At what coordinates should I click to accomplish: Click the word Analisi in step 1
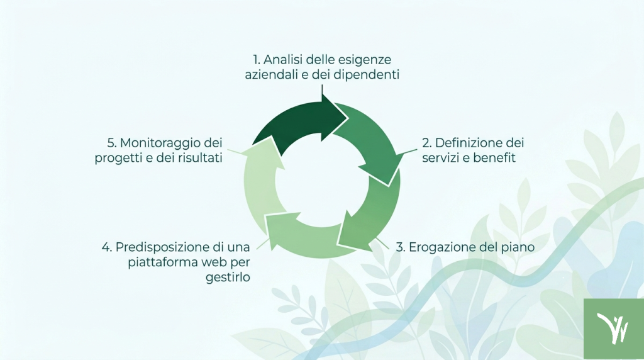click(283, 60)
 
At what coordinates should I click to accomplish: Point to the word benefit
click(494, 158)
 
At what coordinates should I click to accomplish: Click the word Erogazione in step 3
click(438, 247)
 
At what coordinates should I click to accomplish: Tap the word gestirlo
click(228, 278)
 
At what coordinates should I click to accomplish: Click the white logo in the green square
click(613, 329)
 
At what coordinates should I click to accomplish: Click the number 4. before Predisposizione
click(107, 247)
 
